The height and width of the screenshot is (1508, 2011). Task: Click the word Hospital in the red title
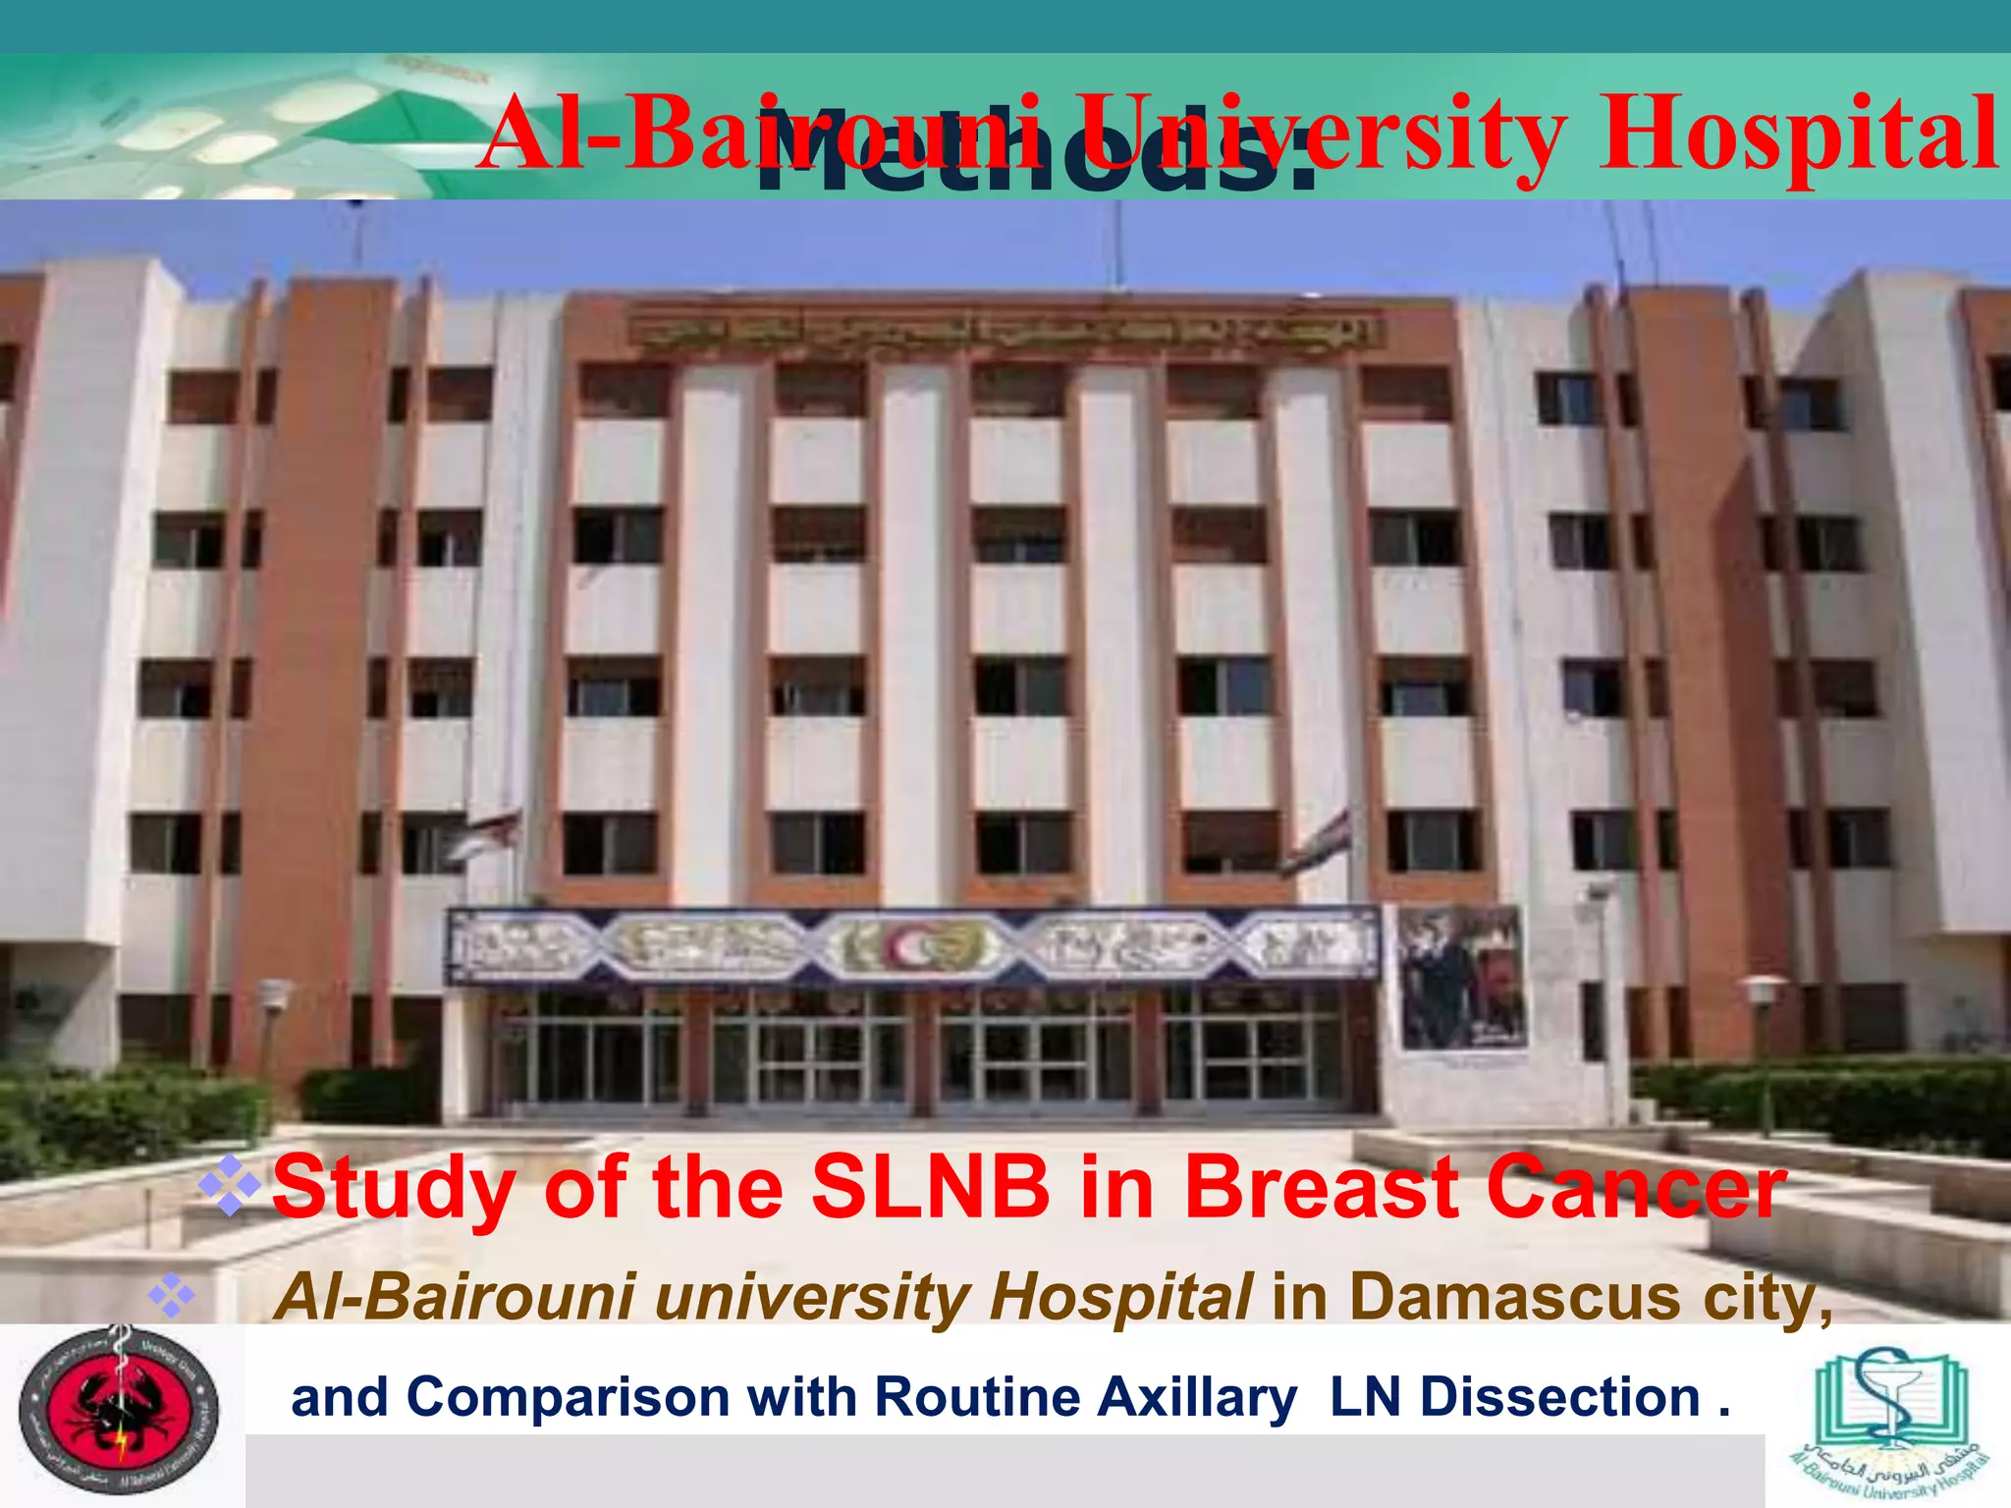click(x=1797, y=133)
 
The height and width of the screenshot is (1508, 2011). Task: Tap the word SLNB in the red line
click(x=930, y=1187)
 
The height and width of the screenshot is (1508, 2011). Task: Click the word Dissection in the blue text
click(x=1560, y=1397)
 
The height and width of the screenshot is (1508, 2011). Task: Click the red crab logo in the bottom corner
click(x=120, y=1412)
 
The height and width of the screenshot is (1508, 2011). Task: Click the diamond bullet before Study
click(x=230, y=1186)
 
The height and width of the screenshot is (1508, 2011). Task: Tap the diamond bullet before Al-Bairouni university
click(x=171, y=1296)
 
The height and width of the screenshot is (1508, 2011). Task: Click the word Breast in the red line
click(x=1322, y=1187)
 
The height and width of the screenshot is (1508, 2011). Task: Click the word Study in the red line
click(x=393, y=1189)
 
